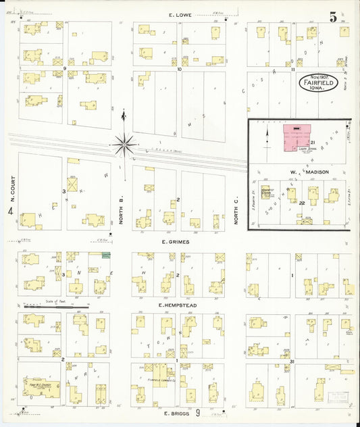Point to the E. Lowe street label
pos(181,14)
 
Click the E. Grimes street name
pos(175,241)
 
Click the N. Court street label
pos(11,189)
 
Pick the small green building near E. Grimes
pos(105,255)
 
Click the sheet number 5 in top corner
pos(333,17)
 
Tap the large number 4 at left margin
pos(10,211)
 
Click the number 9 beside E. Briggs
pos(198,412)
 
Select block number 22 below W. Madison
pos(303,203)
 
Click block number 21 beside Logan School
pos(313,142)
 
